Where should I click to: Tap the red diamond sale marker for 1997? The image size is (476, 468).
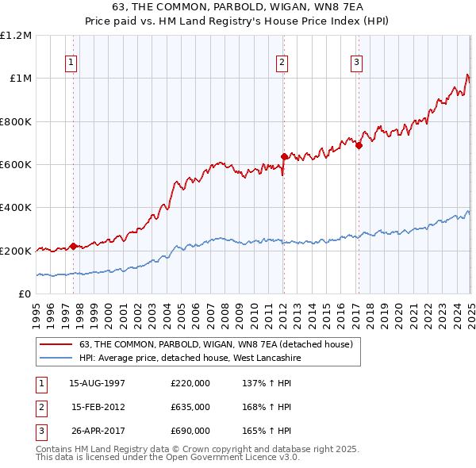tap(74, 246)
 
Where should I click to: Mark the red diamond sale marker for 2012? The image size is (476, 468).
tap(283, 156)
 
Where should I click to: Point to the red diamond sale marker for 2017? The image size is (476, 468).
tap(359, 145)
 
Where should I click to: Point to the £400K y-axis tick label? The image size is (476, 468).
tap(15, 208)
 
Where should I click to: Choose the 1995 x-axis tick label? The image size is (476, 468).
tap(37, 313)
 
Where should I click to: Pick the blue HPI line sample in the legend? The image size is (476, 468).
tap(56, 358)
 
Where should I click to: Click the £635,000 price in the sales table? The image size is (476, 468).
tap(190, 407)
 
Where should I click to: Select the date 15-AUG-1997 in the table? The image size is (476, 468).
tap(98, 383)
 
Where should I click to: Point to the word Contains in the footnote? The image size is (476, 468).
tap(56, 449)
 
